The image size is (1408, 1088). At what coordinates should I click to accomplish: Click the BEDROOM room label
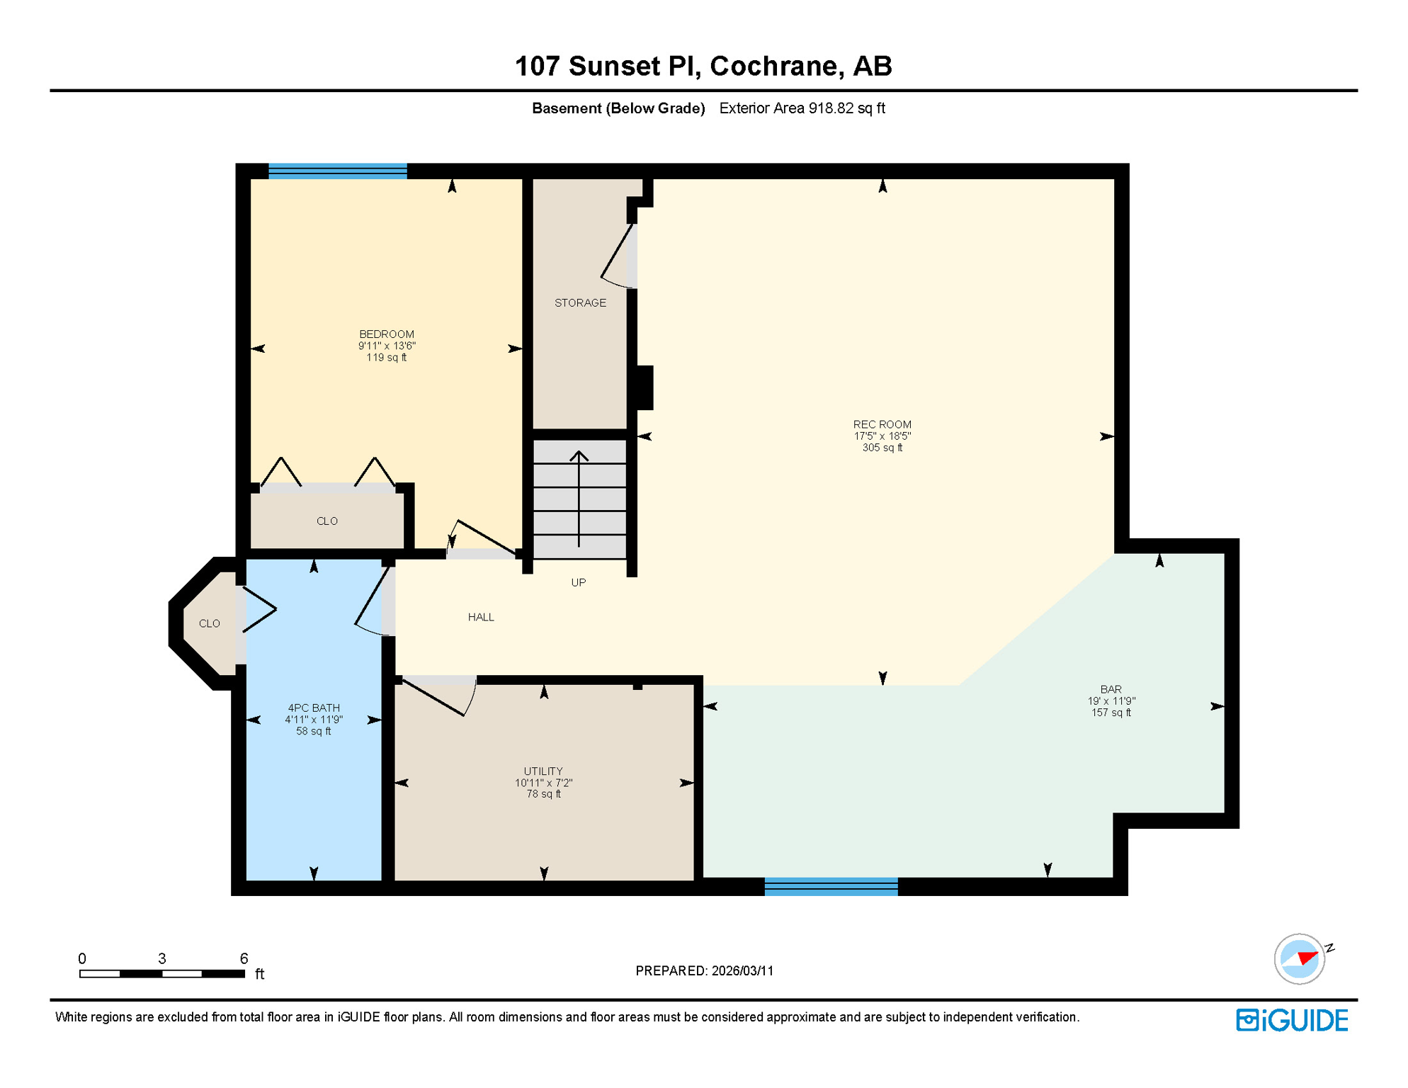pyautogui.click(x=386, y=334)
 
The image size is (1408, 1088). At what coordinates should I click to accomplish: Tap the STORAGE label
pyautogui.click(x=580, y=302)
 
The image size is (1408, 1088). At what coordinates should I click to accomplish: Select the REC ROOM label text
pyautogui.click(x=882, y=424)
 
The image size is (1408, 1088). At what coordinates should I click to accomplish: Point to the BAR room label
pyautogui.click(x=1111, y=689)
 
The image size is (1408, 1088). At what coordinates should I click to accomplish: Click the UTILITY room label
pyautogui.click(x=543, y=771)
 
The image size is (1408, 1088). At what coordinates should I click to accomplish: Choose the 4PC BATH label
pyautogui.click(x=314, y=708)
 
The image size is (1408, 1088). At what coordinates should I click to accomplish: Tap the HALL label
pyautogui.click(x=481, y=617)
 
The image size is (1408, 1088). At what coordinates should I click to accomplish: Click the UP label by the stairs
pyautogui.click(x=578, y=582)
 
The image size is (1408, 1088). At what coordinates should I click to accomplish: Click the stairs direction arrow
pyautogui.click(x=579, y=496)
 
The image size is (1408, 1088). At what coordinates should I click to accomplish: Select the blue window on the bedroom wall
pyautogui.click(x=338, y=171)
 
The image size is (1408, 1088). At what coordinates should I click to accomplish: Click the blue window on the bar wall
pyautogui.click(x=831, y=886)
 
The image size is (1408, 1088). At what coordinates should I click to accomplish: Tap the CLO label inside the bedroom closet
pyautogui.click(x=327, y=521)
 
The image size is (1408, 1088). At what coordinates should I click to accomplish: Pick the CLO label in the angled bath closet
pyautogui.click(x=209, y=623)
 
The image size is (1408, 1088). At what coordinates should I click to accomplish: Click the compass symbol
pyautogui.click(x=1300, y=958)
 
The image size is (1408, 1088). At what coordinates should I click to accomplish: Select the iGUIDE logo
pyautogui.click(x=1292, y=1020)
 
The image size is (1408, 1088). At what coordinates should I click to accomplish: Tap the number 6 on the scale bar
pyautogui.click(x=244, y=958)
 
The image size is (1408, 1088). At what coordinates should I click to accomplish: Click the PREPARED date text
pyautogui.click(x=704, y=970)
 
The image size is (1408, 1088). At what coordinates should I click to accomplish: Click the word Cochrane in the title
pyautogui.click(x=776, y=66)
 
